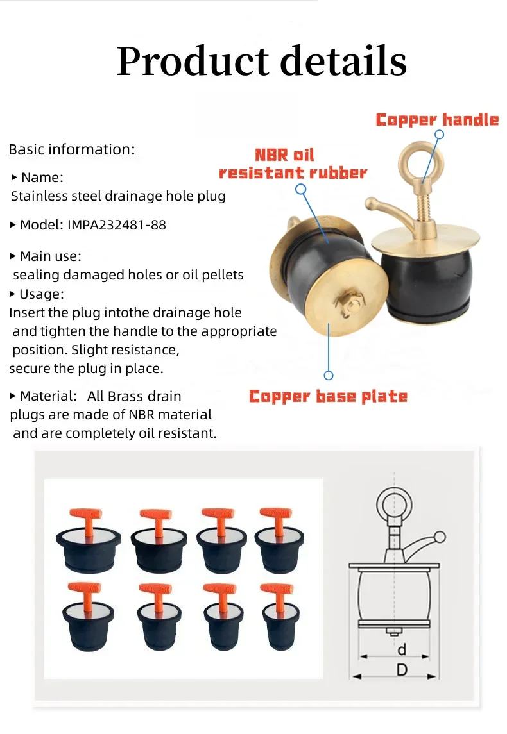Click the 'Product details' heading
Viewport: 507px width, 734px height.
261,62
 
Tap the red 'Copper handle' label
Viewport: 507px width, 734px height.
437,120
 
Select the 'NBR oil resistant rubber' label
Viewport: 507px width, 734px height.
293,164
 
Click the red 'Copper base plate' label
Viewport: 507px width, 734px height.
328,396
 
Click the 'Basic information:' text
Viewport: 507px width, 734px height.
72,149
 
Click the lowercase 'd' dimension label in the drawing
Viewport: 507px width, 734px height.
402,649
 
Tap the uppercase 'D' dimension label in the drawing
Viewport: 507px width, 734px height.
402,670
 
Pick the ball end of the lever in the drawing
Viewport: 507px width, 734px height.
439,537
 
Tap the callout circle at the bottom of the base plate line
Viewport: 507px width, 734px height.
329,375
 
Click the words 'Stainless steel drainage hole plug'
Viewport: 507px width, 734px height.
118,196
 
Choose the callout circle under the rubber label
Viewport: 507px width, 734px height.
300,189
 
